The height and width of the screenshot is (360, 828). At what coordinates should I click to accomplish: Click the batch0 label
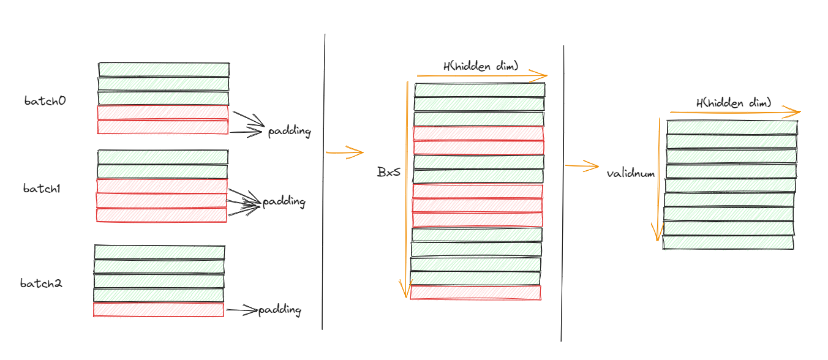(x=45, y=101)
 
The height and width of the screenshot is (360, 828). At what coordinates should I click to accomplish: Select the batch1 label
(x=42, y=189)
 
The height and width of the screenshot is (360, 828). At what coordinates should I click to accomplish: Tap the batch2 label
(x=41, y=283)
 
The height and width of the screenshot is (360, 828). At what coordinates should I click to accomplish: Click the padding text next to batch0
(x=289, y=132)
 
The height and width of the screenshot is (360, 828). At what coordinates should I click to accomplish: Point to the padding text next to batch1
(x=284, y=202)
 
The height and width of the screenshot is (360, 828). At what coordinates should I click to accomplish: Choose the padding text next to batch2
(x=279, y=310)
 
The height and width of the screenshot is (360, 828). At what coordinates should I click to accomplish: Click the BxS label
(x=388, y=172)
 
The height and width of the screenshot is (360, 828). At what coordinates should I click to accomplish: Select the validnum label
(x=631, y=173)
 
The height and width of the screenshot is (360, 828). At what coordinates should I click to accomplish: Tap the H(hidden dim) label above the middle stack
(x=481, y=66)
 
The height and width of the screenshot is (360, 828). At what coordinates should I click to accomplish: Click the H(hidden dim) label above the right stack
(x=734, y=103)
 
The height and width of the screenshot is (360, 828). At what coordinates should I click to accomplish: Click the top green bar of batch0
(x=164, y=69)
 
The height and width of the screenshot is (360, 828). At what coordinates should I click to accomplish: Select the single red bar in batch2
(x=159, y=309)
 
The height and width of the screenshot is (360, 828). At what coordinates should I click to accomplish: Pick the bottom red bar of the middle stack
(x=475, y=292)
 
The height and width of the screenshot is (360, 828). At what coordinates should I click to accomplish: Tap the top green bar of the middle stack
(x=480, y=90)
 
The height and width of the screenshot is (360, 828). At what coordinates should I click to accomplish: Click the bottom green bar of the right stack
(x=728, y=242)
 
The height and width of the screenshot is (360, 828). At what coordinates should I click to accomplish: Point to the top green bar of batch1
(x=163, y=157)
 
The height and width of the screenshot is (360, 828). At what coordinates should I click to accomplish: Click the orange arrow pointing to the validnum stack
(x=581, y=165)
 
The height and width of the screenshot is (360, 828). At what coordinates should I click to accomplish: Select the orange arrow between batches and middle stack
(x=345, y=151)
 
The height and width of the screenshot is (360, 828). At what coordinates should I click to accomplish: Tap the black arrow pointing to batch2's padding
(x=241, y=310)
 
